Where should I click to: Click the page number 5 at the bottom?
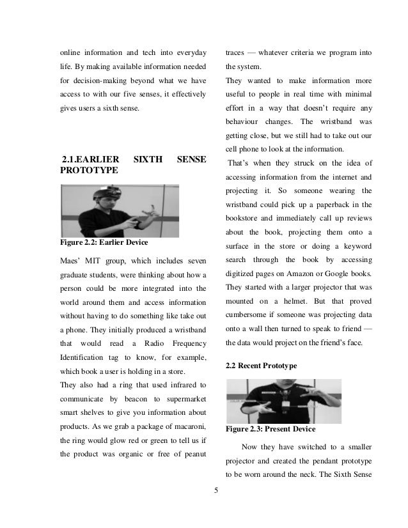216,491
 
